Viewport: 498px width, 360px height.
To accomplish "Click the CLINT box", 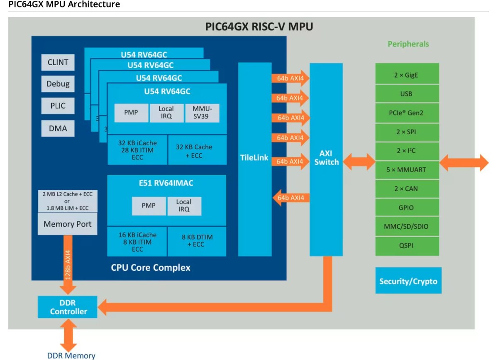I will [x=58, y=63].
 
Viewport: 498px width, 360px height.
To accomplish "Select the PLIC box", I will [x=58, y=106].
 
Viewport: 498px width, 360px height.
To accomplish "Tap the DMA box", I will [x=58, y=128].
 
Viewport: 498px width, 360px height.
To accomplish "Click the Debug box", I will [x=58, y=84].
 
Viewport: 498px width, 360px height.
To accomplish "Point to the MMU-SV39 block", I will [x=202, y=113].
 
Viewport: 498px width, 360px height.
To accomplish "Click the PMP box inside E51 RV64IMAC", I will [x=149, y=206].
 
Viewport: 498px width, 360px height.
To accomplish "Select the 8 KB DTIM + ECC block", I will [x=197, y=241].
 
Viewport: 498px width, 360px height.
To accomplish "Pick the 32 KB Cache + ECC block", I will [x=197, y=150].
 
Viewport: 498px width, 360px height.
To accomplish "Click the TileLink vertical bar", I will [x=254, y=158].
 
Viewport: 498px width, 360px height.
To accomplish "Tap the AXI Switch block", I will [x=326, y=158].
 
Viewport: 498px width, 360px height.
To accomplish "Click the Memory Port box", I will [x=67, y=224].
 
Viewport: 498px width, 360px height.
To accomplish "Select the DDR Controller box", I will [x=68, y=307].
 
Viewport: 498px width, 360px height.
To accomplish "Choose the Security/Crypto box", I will [x=408, y=281].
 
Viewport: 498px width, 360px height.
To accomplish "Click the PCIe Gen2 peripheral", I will [x=407, y=113].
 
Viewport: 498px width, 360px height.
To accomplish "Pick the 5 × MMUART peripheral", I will [x=407, y=169].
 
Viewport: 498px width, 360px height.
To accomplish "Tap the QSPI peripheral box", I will [x=407, y=245].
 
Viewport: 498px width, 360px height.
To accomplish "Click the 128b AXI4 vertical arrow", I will [x=68, y=266].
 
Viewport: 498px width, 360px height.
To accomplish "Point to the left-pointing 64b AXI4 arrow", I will [x=290, y=198].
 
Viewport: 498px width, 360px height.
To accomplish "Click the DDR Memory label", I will [x=71, y=355].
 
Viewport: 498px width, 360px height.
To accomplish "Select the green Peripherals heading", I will [x=408, y=44].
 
